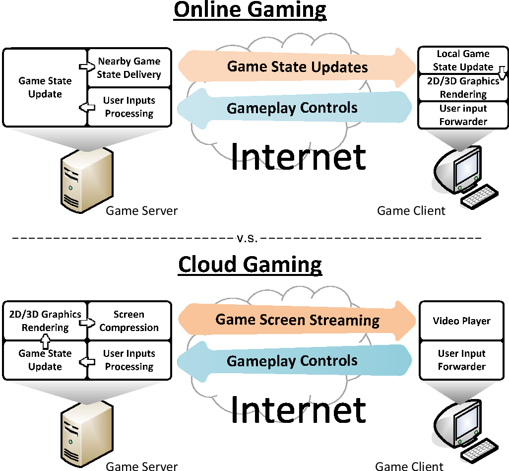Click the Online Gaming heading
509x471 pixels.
(x=250, y=10)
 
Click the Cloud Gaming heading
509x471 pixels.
(x=250, y=264)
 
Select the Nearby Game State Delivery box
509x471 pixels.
(x=129, y=68)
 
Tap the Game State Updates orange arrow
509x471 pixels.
(x=297, y=67)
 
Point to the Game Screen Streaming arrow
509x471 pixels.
(x=297, y=320)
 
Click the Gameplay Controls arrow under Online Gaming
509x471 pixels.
(x=293, y=108)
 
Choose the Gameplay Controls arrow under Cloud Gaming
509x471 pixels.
(x=293, y=361)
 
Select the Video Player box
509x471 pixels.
(x=461, y=321)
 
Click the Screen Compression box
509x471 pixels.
(x=129, y=321)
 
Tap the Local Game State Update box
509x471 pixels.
(x=462, y=60)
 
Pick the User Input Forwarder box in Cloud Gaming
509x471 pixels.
(x=461, y=360)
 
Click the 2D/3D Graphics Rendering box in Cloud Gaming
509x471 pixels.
(x=45, y=321)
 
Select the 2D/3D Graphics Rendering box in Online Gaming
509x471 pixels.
(x=463, y=88)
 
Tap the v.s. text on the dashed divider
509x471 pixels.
(x=247, y=238)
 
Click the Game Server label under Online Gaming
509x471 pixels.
(x=141, y=211)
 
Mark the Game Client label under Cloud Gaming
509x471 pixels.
(x=409, y=466)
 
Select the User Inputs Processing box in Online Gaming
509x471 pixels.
(x=129, y=107)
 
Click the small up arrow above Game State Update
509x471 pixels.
(x=45, y=341)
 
